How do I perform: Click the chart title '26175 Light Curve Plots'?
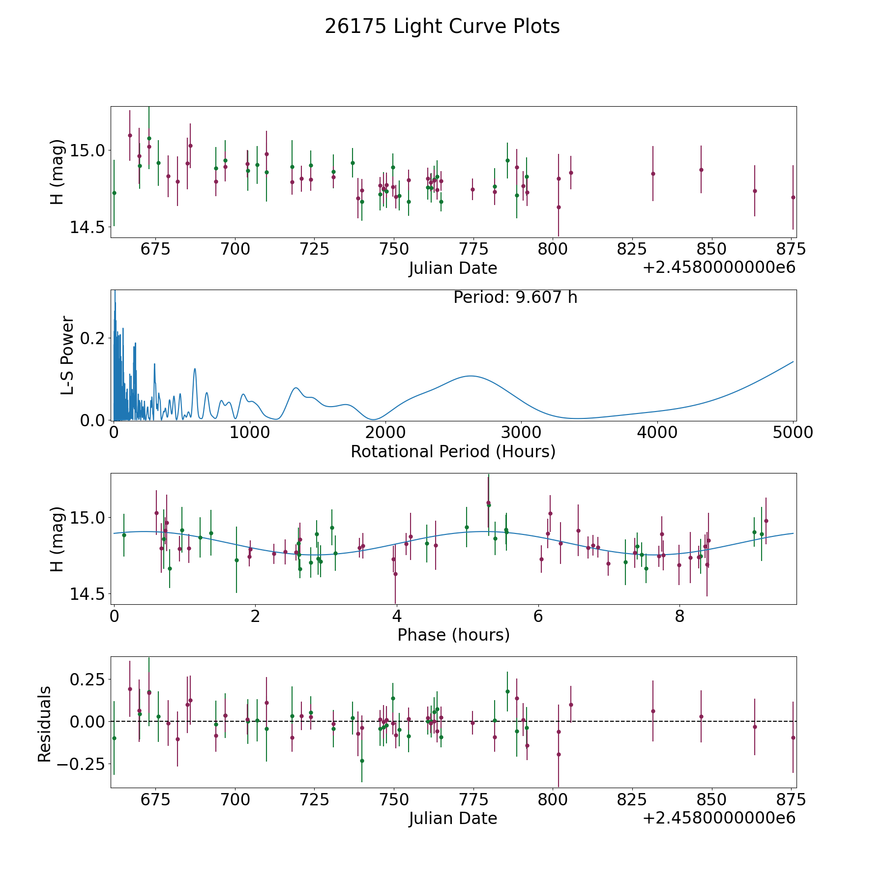pos(442,27)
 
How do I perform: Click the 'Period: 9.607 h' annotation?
pos(515,297)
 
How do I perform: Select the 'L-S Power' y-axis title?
pos(67,355)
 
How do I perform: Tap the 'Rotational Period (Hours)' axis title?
pos(453,451)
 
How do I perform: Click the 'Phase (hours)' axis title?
pos(453,635)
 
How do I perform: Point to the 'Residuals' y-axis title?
pos(45,724)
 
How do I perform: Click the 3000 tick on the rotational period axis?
pos(521,433)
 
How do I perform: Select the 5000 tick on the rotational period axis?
pos(793,433)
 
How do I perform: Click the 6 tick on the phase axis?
pos(538,616)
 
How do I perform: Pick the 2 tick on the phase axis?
pos(255,616)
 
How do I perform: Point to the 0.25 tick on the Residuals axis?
pos(88,679)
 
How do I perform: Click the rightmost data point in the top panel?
pos(793,197)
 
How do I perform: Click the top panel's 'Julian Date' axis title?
pos(453,268)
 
